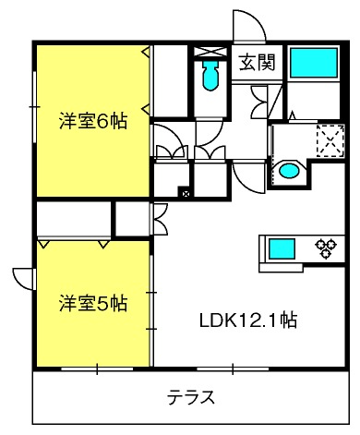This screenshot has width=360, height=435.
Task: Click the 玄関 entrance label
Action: coord(257,63)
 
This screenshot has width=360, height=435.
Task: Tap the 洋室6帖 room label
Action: coord(93,121)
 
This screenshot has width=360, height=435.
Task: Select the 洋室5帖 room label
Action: coord(93,304)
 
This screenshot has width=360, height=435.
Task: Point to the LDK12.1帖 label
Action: coord(248,320)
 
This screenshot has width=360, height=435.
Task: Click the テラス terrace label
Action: coord(190,397)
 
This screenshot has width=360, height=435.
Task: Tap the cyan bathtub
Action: coord(314,63)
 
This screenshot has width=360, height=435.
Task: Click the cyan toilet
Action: coord(210,76)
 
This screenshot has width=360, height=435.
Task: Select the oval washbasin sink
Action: coord(289,171)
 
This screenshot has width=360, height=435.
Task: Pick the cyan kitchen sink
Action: coord(282,249)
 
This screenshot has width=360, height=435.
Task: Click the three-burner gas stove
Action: coord(326,248)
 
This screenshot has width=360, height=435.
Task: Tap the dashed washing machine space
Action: coord(330,141)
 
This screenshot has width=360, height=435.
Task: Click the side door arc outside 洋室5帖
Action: coord(23,279)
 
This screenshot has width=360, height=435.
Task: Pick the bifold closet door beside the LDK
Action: coord(160,219)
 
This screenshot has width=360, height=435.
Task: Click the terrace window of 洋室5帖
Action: coord(97,369)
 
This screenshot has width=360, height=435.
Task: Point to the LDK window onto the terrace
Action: coord(233,369)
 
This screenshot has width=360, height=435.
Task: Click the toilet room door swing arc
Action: coord(210,133)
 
